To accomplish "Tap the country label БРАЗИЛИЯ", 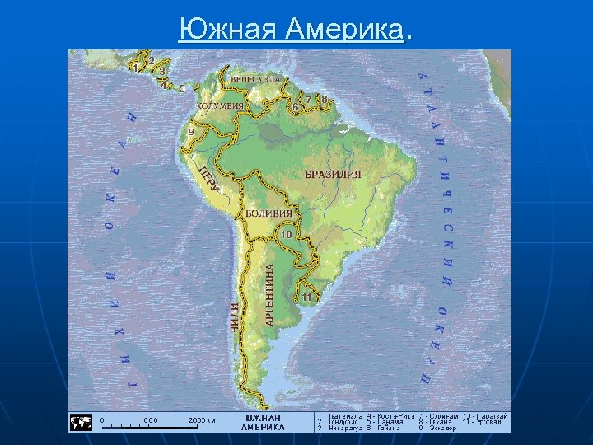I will (x=333, y=175).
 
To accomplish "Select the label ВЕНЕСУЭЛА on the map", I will (x=254, y=80).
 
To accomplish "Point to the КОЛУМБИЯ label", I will (x=220, y=106).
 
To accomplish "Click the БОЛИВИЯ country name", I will (x=269, y=213).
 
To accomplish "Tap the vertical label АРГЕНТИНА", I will (x=270, y=293).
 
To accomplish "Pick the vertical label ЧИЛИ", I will (x=235, y=316).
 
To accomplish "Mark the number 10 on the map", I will (x=286, y=234).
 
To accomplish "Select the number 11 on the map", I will (x=306, y=296).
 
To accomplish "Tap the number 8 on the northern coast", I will (x=325, y=101).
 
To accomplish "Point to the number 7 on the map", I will (x=309, y=100).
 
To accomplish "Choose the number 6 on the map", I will (x=295, y=106).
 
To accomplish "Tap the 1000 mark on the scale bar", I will (x=149, y=420).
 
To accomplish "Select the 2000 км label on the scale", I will (x=201, y=420).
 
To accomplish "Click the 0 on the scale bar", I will (x=103, y=420).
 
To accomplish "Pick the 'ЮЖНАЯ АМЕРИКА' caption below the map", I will (x=263, y=423).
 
